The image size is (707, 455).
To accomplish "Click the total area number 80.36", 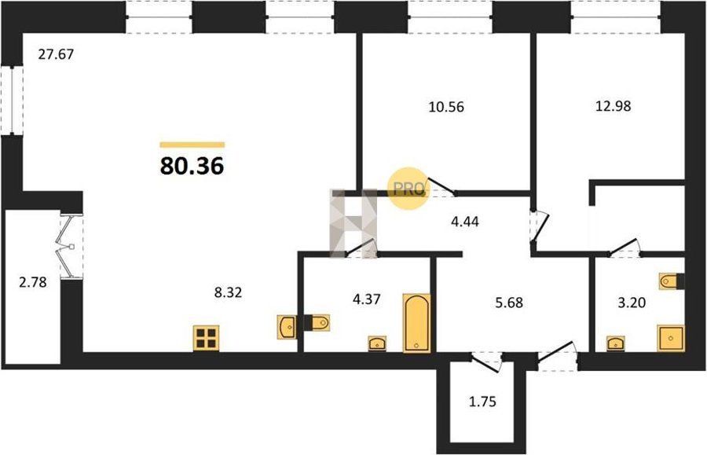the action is click(192, 167).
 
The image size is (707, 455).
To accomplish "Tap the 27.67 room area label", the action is click(56, 54).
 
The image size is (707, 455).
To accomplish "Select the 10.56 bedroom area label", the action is click(446, 108).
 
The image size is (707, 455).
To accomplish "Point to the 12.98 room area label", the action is click(614, 106).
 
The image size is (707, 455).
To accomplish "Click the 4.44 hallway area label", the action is click(465, 222).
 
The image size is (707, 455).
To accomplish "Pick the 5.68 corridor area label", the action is click(509, 302).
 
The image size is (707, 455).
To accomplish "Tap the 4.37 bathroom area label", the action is click(367, 299).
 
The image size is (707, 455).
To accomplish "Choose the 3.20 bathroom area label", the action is click(632, 303).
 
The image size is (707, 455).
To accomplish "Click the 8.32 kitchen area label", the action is click(228, 292).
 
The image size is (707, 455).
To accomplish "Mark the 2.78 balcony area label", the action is click(33, 283).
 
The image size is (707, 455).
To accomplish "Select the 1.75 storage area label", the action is click(483, 402).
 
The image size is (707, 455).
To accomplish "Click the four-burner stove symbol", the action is click(207, 338).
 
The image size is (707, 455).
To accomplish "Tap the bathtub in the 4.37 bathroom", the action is click(416, 322).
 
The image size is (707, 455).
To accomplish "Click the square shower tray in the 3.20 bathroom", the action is click(671, 338).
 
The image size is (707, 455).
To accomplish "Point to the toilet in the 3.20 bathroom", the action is click(672, 281).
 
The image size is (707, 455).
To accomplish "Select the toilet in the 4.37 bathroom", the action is click(317, 323).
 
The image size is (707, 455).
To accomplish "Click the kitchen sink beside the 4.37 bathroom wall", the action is click(287, 327).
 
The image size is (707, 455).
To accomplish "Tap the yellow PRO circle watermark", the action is click(408, 189).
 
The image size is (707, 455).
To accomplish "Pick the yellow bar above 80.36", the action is click(192, 145).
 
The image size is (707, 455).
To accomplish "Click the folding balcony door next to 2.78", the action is click(71, 246).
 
